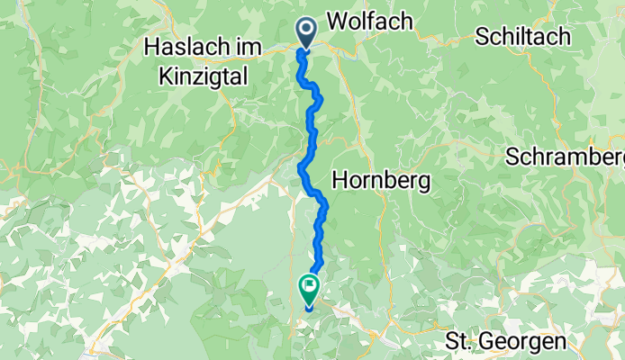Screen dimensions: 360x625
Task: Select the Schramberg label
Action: [x=566, y=157]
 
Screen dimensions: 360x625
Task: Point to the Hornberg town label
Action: [x=381, y=180]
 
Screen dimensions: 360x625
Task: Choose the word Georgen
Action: [x=522, y=342]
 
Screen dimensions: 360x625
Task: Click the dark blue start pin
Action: [x=306, y=32]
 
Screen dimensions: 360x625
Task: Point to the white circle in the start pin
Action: [x=306, y=29]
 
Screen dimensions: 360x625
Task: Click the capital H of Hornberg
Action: [x=340, y=180]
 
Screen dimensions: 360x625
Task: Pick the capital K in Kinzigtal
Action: [x=164, y=77]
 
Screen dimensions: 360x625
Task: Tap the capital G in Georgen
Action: [x=487, y=342]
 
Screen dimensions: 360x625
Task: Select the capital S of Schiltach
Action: [x=480, y=37]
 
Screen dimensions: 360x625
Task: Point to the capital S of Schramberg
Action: [x=512, y=157]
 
